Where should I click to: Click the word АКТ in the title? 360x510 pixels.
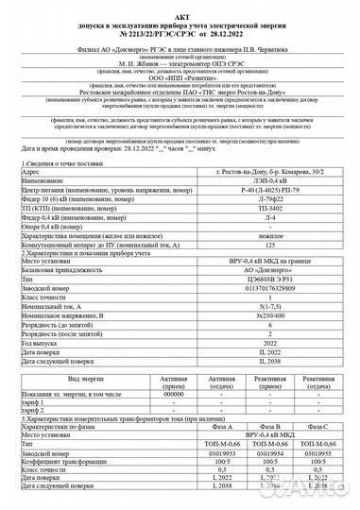coord(180,8)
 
